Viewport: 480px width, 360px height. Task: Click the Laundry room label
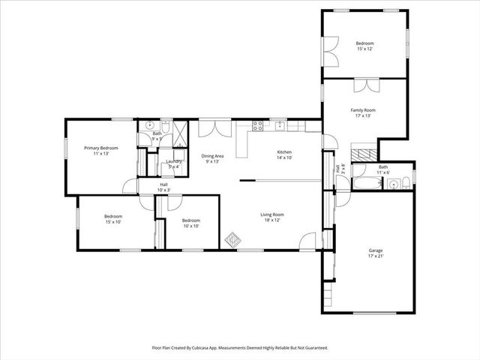coord(174,161)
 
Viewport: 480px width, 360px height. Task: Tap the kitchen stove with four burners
coord(257,126)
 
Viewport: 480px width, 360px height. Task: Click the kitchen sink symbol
coord(279,125)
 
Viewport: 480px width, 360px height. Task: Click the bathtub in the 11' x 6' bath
coord(366,183)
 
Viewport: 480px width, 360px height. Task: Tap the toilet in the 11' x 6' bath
coord(405,181)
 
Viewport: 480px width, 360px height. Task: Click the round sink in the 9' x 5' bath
coord(149,125)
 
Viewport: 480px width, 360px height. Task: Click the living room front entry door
coord(307,241)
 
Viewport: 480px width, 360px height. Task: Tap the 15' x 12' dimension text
coord(364,49)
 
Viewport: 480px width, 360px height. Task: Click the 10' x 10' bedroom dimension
coord(191,226)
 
